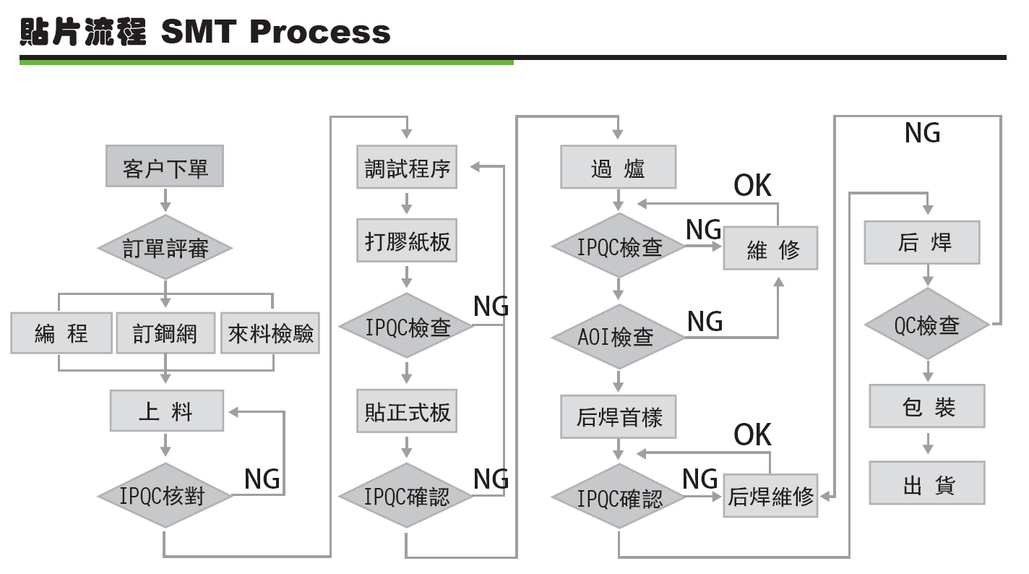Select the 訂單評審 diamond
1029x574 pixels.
(x=165, y=248)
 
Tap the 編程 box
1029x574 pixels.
(x=61, y=333)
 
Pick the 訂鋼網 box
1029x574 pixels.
(x=165, y=333)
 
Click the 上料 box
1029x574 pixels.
(x=166, y=411)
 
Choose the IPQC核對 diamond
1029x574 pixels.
(x=165, y=496)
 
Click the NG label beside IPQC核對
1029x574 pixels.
(x=262, y=478)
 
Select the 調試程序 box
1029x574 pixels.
(x=407, y=168)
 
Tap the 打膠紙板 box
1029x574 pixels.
(x=407, y=241)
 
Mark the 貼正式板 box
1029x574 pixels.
(x=407, y=411)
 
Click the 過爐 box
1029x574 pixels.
(x=619, y=168)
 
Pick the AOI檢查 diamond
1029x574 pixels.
(x=618, y=337)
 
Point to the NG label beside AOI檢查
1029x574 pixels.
(x=705, y=321)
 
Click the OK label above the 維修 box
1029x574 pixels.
(x=752, y=186)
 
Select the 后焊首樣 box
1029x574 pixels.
(x=619, y=417)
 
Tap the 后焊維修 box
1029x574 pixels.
(x=770, y=496)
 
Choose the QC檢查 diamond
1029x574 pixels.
(x=927, y=325)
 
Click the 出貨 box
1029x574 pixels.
(x=927, y=484)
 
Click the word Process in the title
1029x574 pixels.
(x=321, y=32)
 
